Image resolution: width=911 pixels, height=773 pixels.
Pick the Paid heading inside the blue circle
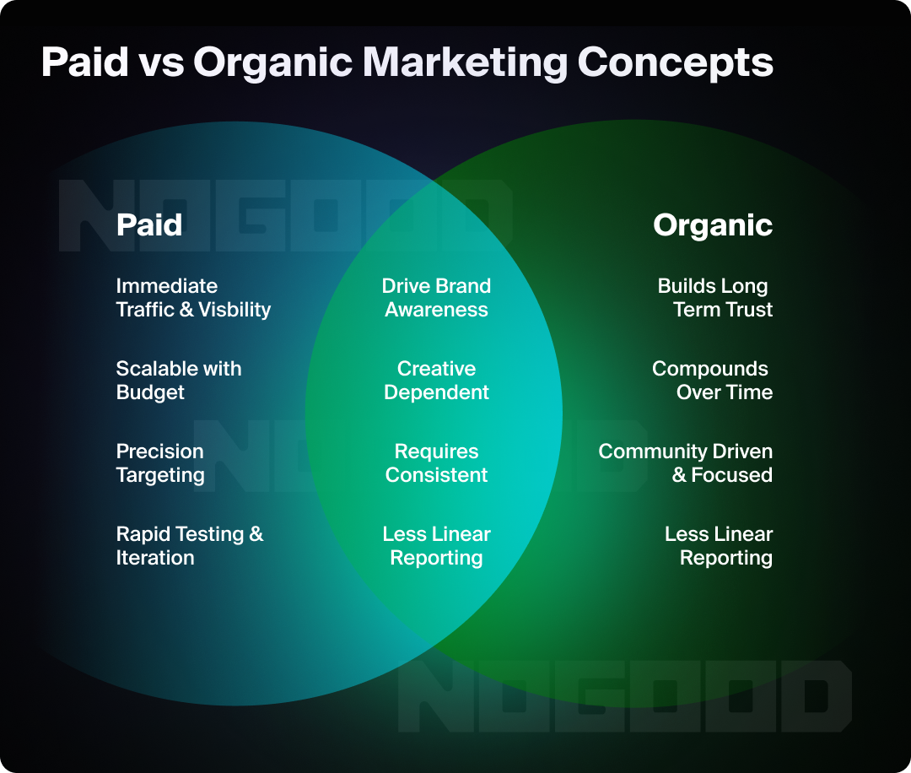pyautogui.click(x=149, y=224)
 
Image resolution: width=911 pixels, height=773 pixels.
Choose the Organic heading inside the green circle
pyautogui.click(x=713, y=224)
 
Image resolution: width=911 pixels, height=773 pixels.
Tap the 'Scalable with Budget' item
pyautogui.click(x=178, y=381)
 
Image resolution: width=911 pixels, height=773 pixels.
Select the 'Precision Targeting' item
pyautogui.click(x=160, y=463)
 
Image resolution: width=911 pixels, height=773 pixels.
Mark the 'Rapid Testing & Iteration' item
pyautogui.click(x=189, y=546)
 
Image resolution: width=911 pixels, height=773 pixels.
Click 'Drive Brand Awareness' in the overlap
pyautogui.click(x=436, y=298)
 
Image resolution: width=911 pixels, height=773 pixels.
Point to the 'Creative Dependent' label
pyautogui.click(x=436, y=381)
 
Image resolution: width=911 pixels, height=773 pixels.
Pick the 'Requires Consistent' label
pyautogui.click(x=436, y=463)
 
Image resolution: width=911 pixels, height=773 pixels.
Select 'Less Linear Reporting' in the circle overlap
pyautogui.click(x=436, y=546)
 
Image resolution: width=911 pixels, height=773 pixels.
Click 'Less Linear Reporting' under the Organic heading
pyautogui.click(x=719, y=546)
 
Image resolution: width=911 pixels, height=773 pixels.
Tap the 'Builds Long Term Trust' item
pyautogui.click(x=715, y=298)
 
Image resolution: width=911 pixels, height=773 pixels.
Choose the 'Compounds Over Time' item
pyautogui.click(x=713, y=381)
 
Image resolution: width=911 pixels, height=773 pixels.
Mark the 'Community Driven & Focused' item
pyautogui.click(x=686, y=463)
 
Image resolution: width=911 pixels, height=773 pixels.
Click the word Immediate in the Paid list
pyautogui.click(x=167, y=286)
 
